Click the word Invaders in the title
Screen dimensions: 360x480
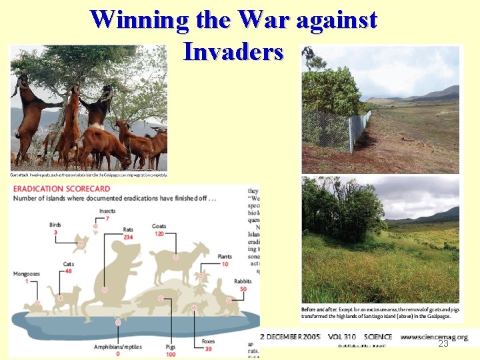tap(233, 51)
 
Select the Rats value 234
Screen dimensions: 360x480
tap(128, 237)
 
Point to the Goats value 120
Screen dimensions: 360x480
tap(159, 235)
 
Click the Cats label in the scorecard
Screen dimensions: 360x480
tap(68, 264)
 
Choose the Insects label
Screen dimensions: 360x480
tap(107, 211)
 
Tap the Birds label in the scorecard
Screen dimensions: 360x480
tap(55, 225)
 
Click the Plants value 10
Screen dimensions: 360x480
tap(225, 264)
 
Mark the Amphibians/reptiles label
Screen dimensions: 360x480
tap(118, 347)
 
